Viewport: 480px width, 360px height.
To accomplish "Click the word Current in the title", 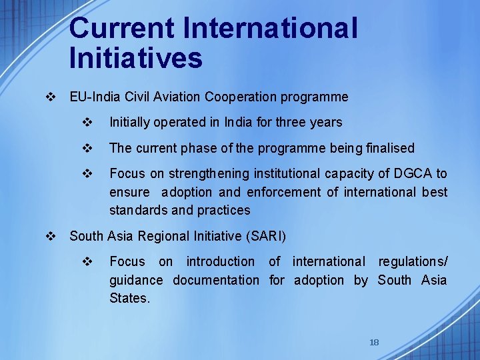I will (122, 29).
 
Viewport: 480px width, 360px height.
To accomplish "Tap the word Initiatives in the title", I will (135, 58).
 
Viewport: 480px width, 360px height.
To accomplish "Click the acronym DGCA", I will (413, 174).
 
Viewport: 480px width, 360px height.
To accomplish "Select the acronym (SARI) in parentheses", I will (266, 236).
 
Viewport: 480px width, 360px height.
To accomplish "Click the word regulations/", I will (413, 262).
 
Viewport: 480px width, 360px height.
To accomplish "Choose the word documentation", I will (216, 280).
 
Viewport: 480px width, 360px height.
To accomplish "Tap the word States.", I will (129, 298).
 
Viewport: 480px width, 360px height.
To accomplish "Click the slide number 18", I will (374, 342).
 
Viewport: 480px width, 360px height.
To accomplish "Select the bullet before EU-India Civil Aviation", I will (49, 97).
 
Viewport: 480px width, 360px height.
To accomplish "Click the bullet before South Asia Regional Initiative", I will (49, 236).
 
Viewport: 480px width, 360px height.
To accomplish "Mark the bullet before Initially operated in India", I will (87, 122).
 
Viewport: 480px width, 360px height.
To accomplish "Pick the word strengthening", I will (209, 174).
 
